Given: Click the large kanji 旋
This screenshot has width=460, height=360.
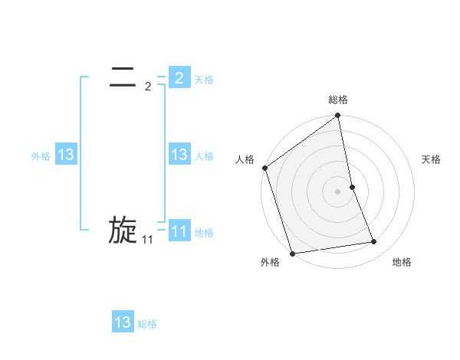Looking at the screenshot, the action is pyautogui.click(x=123, y=230).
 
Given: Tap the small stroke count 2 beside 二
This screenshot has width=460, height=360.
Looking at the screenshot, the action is pyautogui.click(x=148, y=86).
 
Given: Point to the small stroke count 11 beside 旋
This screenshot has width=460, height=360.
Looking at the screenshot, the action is pyautogui.click(x=148, y=240).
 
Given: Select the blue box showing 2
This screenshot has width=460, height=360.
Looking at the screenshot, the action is pyautogui.click(x=179, y=77).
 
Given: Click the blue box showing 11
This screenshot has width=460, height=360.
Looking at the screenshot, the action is pyautogui.click(x=179, y=231).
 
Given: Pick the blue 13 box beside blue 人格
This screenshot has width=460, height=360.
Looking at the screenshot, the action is pyautogui.click(x=179, y=155).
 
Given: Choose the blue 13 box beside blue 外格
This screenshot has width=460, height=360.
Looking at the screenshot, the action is pyautogui.click(x=66, y=155).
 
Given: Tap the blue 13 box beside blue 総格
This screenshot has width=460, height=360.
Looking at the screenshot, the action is pyautogui.click(x=123, y=322).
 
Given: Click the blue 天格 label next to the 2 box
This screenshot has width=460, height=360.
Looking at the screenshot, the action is pyautogui.click(x=204, y=79).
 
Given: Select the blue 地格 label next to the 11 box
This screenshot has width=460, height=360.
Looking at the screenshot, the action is pyautogui.click(x=204, y=233).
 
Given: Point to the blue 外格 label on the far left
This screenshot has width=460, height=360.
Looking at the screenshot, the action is pyautogui.click(x=41, y=156).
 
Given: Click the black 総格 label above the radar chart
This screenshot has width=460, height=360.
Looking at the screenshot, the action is pyautogui.click(x=338, y=100).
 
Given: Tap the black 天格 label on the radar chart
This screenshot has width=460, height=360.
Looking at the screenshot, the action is pyautogui.click(x=432, y=159).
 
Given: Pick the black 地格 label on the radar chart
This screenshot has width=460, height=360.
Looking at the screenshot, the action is pyautogui.click(x=402, y=262).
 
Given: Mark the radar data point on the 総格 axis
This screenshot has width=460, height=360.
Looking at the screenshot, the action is pyautogui.click(x=338, y=116).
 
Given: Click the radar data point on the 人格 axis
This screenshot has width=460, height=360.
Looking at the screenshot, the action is pyautogui.click(x=265, y=168).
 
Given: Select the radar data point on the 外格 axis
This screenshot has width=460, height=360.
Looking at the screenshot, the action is pyautogui.click(x=293, y=254).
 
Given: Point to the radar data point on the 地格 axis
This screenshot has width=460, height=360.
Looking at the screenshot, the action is pyautogui.click(x=374, y=242).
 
